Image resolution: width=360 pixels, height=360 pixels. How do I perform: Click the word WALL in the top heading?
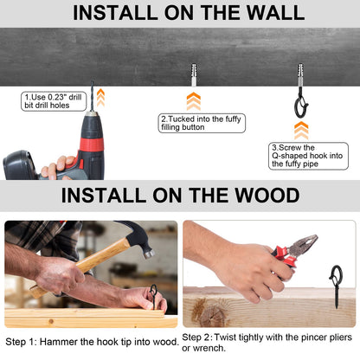[x=275, y=12]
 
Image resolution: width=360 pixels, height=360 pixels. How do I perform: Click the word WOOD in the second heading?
[x=267, y=196]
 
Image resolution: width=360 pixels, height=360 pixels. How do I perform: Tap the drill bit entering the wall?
[x=93, y=96]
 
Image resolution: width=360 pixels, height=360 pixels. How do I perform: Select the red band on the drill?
[x=92, y=145]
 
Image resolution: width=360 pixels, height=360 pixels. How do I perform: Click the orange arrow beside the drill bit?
[x=100, y=98]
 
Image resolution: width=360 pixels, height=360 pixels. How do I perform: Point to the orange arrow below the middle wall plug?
[x=194, y=101]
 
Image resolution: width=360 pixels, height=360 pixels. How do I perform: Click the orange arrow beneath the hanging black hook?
[x=301, y=131]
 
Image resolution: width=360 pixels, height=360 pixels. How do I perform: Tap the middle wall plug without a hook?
[x=194, y=74]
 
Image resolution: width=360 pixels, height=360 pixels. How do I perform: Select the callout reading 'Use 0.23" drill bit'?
[x=54, y=101]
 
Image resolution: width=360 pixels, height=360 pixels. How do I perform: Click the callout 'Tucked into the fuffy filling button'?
[x=202, y=123]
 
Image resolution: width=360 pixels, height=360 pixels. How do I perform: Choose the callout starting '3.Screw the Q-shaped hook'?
[x=308, y=156]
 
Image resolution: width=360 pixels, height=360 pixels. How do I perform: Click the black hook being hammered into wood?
[x=154, y=296]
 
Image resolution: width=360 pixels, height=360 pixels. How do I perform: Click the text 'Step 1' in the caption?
[x=19, y=342]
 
